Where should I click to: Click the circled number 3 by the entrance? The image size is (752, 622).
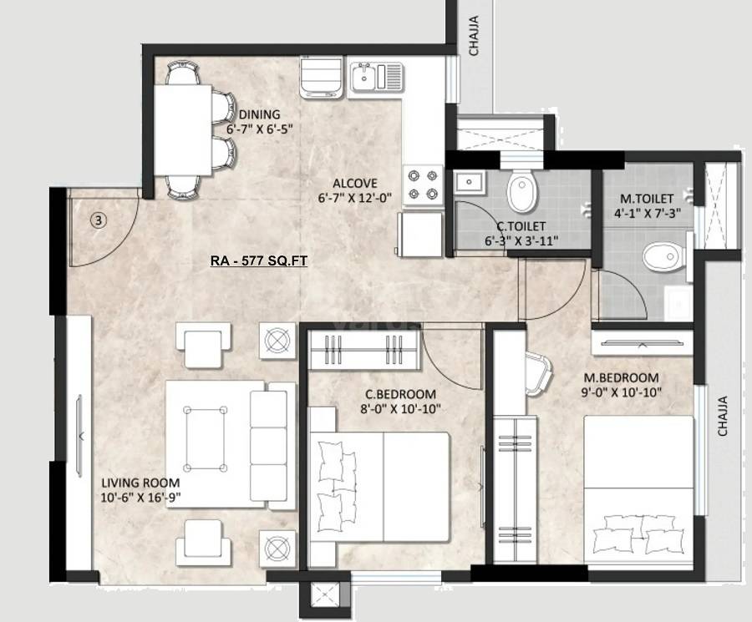click(99, 220)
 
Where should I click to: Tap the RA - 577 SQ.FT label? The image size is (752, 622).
click(259, 261)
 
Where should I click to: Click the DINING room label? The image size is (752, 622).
click(260, 114)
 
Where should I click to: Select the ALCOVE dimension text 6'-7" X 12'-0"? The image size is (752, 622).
click(354, 198)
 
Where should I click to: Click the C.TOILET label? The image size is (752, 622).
click(521, 226)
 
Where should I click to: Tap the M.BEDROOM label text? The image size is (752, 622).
click(621, 377)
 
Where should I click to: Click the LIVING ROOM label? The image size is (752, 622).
click(140, 483)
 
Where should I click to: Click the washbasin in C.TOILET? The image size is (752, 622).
click(470, 180)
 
